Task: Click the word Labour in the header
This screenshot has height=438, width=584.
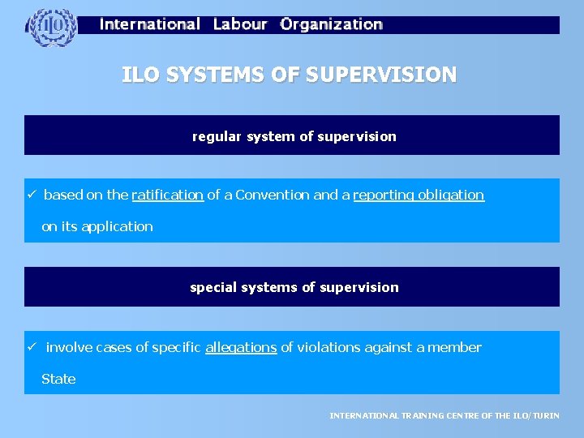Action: coord(239,24)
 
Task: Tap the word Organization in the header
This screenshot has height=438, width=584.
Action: coord(331,24)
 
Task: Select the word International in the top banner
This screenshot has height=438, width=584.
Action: coord(150,24)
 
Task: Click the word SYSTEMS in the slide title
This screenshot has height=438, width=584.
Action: coord(212,75)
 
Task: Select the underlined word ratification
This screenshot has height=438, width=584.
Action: coord(168,195)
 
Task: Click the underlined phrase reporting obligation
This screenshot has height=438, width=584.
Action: coord(419,195)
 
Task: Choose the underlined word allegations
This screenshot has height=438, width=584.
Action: coord(241,347)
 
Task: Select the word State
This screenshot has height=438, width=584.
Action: coord(58,379)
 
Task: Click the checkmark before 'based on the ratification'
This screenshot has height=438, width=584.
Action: coord(30,195)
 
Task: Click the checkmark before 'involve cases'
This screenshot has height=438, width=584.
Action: coord(30,347)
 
